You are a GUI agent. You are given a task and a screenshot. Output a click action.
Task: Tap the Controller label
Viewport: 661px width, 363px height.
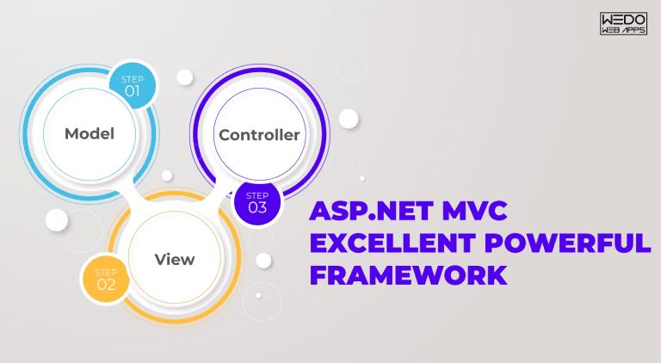(x=259, y=135)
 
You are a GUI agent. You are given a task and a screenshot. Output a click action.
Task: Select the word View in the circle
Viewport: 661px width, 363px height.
(x=174, y=259)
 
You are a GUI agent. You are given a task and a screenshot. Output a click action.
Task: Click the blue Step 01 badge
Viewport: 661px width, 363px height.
(x=133, y=84)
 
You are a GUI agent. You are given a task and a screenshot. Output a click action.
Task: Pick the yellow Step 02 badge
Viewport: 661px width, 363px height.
(x=107, y=278)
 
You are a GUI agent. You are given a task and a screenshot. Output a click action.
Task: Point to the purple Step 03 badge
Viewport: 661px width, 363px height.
(x=257, y=201)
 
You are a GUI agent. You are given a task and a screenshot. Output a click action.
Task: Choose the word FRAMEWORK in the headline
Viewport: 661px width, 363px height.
(x=407, y=276)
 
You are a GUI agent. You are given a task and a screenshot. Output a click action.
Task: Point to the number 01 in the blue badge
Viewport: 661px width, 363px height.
(x=133, y=89)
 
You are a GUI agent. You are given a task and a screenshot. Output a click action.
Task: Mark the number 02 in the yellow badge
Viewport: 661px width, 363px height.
(x=107, y=284)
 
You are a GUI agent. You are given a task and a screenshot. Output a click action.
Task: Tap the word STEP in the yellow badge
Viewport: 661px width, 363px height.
(x=107, y=270)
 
